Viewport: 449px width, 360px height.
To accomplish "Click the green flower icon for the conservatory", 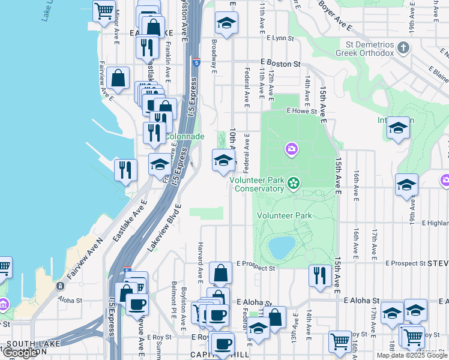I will (294, 182).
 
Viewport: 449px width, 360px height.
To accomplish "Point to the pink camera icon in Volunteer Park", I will (292, 148).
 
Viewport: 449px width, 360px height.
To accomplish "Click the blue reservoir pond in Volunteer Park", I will (282, 246).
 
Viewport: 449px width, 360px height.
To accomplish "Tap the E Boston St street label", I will (280, 64).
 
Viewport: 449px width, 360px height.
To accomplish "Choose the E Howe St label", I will (301, 111).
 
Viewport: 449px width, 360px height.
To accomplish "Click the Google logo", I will (20, 353).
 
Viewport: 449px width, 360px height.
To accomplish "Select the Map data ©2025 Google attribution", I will (412, 355).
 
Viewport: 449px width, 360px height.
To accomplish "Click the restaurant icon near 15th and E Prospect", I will (320, 275).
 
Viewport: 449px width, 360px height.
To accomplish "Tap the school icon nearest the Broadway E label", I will (226, 24).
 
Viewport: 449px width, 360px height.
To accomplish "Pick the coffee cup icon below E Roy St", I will (223, 345).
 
